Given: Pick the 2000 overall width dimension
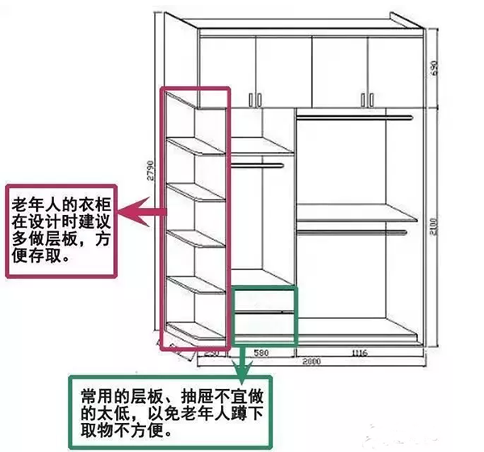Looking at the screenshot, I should [311, 362].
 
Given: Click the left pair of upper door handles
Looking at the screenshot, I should [256, 98].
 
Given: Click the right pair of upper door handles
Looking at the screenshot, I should [367, 98].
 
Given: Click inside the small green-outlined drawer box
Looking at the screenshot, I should [265, 314].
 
